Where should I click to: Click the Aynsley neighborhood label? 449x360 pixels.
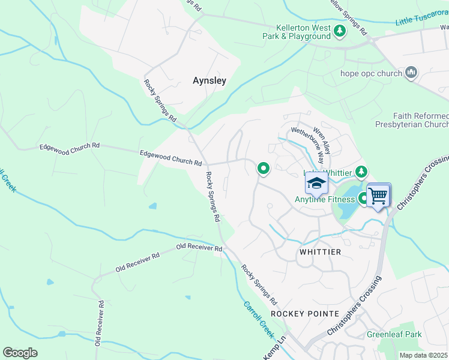[x=209, y=80]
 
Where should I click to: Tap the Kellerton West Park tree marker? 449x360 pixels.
[x=340, y=30]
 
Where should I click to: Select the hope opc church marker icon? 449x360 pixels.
[x=411, y=73]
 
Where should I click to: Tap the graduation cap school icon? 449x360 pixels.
[x=316, y=182]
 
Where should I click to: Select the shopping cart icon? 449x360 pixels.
[x=378, y=195]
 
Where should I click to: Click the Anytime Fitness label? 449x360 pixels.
[x=324, y=199]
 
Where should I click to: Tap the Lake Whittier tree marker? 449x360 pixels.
[x=361, y=173]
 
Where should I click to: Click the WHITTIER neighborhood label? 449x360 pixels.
[x=320, y=253]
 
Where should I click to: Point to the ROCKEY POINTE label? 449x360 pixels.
[x=305, y=314]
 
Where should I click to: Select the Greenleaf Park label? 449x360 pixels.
[x=394, y=334]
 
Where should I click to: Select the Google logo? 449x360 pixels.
[x=20, y=353]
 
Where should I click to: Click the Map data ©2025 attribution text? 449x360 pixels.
[x=424, y=355]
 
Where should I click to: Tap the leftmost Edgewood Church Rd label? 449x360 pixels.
[x=70, y=146]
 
